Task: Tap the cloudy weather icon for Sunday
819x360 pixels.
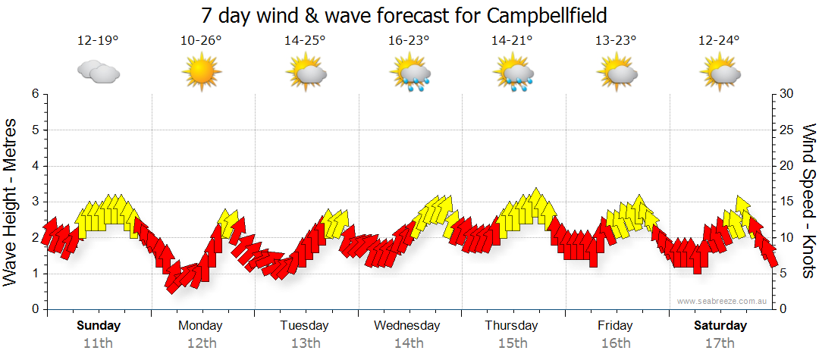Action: (99, 72)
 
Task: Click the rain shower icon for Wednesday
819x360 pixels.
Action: (409, 74)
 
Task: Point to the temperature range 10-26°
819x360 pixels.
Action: (202, 41)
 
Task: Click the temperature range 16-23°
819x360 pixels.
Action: (409, 41)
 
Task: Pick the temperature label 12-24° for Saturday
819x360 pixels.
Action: (720, 41)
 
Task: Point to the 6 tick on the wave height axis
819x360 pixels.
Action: (34, 94)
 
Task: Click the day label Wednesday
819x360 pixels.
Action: (407, 326)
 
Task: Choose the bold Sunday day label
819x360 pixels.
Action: (99, 326)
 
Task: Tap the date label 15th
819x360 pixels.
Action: (513, 343)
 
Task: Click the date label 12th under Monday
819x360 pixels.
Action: (201, 343)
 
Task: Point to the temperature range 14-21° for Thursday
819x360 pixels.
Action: (513, 41)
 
